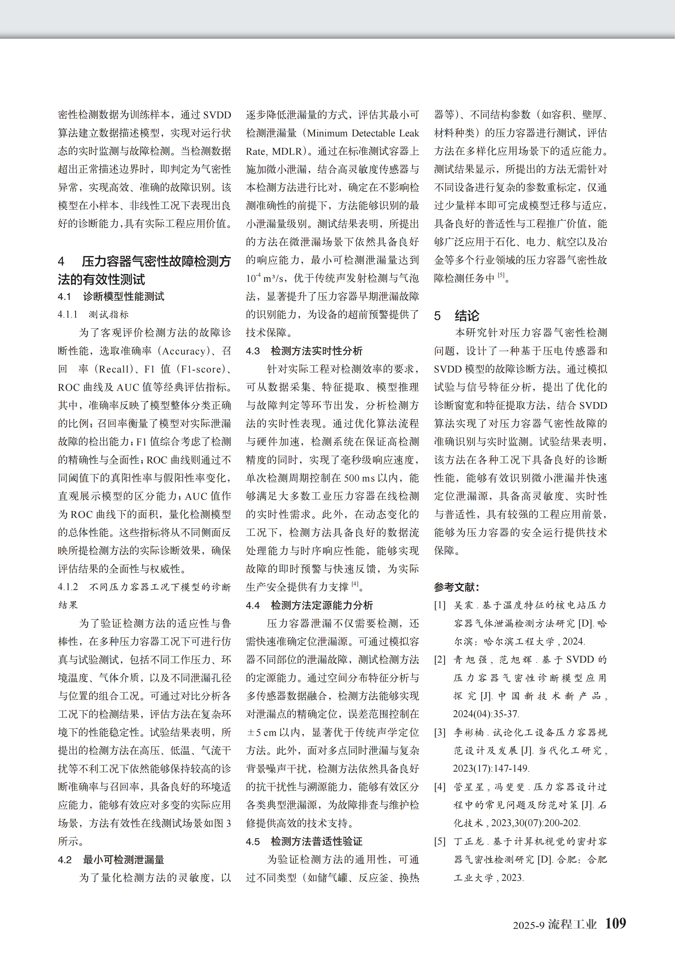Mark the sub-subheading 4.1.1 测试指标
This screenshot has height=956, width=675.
pyautogui.click(x=93, y=314)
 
